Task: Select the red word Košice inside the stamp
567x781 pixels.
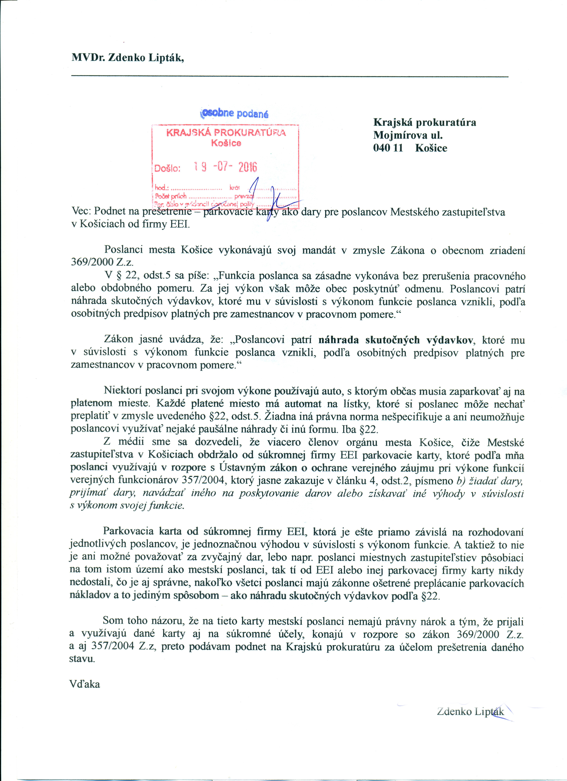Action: [226, 143]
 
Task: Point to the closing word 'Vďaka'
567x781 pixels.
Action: [85, 684]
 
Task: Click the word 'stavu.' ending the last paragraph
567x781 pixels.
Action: [82, 659]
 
